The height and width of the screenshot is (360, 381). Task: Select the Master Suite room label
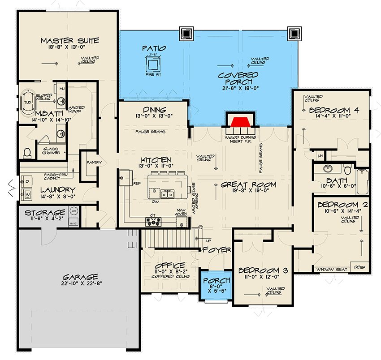[x=69, y=41]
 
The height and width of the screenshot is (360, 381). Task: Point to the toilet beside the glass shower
[x=27, y=153]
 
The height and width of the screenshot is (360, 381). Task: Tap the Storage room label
[x=45, y=212]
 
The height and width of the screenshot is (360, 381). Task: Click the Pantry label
[x=94, y=163]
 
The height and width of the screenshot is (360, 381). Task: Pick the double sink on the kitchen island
[x=167, y=193]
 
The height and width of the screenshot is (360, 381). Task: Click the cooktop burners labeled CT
[x=153, y=220]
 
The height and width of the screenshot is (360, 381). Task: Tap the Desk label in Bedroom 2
[x=359, y=266]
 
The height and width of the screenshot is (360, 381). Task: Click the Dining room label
[x=155, y=110]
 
